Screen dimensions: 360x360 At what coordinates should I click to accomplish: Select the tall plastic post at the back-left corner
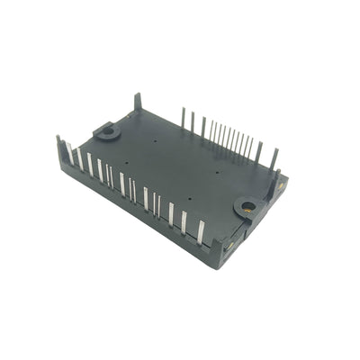point(138,100)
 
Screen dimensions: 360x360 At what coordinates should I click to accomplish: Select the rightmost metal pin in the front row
point(200,232)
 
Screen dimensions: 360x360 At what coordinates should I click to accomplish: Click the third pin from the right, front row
point(171,214)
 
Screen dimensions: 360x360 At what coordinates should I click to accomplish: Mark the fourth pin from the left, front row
point(100,170)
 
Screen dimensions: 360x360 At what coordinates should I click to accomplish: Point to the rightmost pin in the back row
point(274,158)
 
